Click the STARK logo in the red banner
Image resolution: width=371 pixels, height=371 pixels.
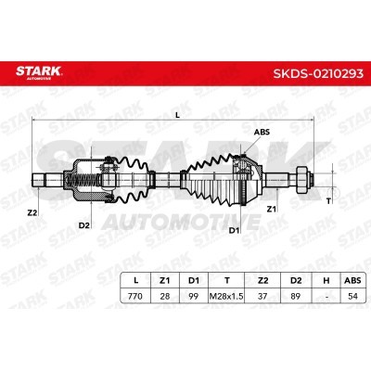click(39, 72)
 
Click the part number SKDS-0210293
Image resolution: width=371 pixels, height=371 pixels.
click(318, 73)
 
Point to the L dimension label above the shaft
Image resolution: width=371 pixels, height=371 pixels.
click(177, 115)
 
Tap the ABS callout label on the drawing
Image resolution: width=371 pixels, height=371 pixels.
click(262, 132)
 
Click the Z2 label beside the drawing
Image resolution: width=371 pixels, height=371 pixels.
click(32, 212)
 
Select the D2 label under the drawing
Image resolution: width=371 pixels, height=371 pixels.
click(83, 225)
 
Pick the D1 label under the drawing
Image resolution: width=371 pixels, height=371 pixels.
click(234, 230)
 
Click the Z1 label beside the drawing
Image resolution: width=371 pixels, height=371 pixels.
click(271, 210)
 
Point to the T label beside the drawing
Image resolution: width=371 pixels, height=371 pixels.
click(328, 201)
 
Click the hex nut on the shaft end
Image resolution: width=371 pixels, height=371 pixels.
click(301, 180)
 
